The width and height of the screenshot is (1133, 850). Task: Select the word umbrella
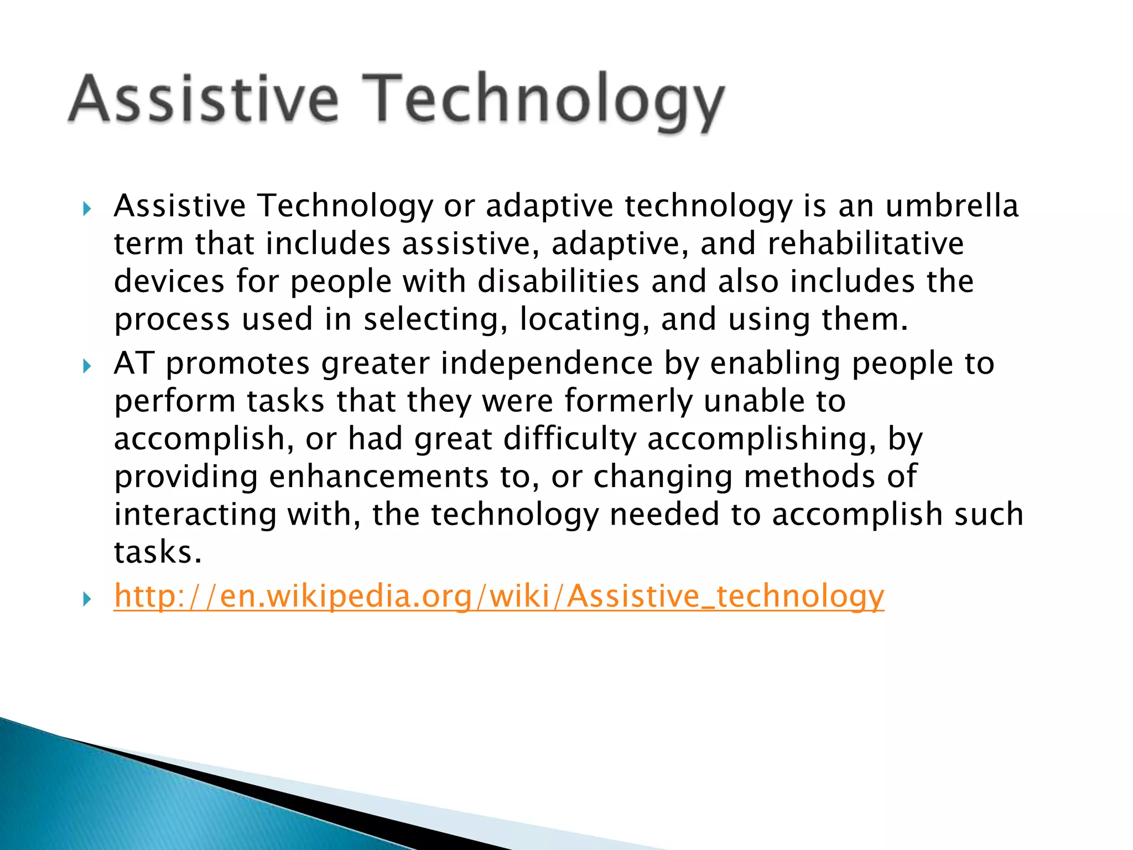tap(952, 206)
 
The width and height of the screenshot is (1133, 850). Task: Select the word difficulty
tap(570, 439)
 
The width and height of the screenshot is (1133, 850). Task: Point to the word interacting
tap(195, 515)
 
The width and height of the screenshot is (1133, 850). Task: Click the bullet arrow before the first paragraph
tap(87, 209)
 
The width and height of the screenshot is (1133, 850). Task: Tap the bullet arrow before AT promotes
tap(87, 366)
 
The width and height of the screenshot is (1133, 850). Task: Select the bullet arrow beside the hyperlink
tap(87, 599)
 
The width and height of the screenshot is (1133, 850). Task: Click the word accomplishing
tap(761, 439)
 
